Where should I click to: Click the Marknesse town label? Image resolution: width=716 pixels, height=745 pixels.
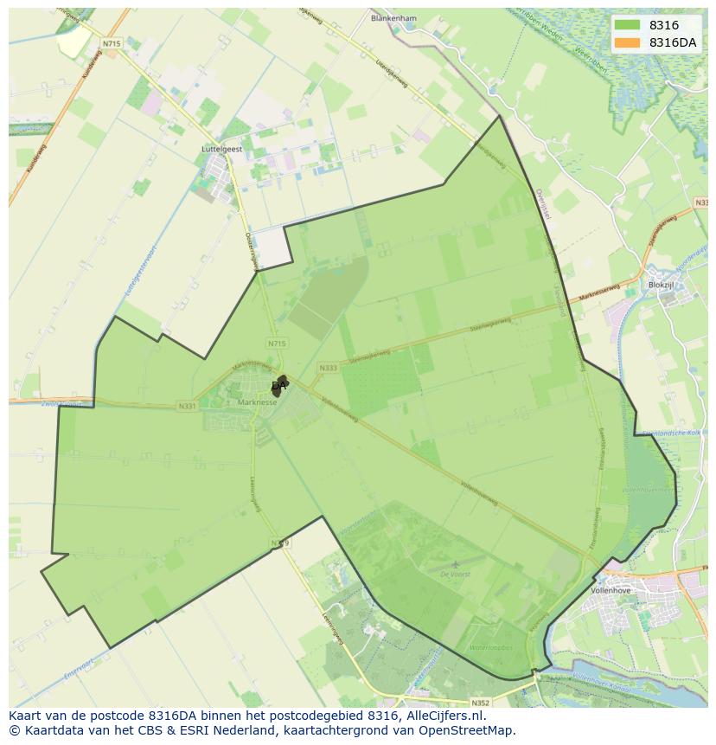tap(257, 402)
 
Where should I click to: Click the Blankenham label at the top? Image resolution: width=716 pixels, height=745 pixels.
tap(393, 17)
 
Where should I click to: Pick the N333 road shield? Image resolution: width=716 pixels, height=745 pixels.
tap(328, 368)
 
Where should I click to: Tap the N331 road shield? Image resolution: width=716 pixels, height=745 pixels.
tap(187, 406)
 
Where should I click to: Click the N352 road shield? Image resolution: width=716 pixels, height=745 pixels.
tap(481, 703)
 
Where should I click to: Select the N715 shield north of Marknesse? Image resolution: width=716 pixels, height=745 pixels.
tap(276, 344)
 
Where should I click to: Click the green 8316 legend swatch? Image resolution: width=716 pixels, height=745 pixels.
tap(629, 25)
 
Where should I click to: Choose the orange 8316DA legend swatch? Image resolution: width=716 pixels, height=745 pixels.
tap(629, 42)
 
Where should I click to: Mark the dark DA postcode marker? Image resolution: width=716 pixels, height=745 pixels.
tap(278, 387)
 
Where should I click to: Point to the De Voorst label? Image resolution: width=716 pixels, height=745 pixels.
tap(455, 574)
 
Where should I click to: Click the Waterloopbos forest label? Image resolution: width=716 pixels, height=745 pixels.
tap(490, 647)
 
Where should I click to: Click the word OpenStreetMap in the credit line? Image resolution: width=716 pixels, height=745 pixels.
tap(470, 730)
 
